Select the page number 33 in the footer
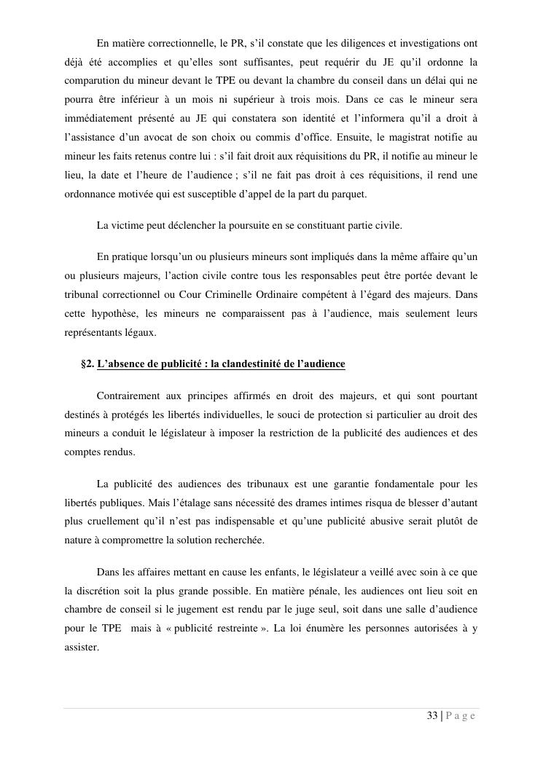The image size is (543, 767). (x=432, y=716)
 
